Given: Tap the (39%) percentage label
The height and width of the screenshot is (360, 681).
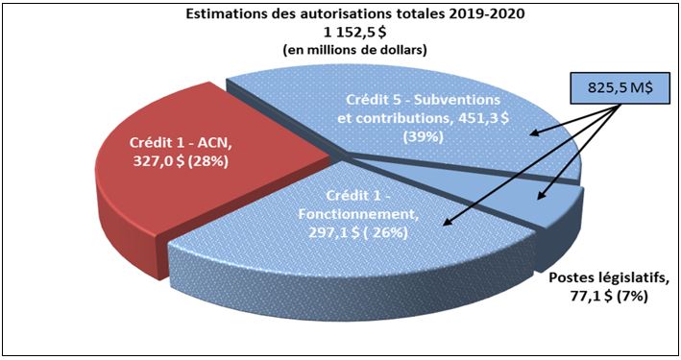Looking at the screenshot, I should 424,136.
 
